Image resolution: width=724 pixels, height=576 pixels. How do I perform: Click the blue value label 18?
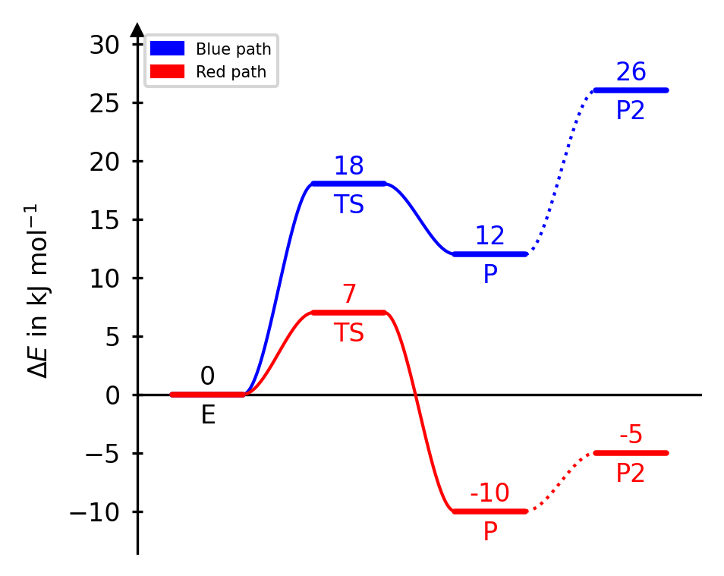tap(349, 166)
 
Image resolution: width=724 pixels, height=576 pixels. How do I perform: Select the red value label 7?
tap(349, 294)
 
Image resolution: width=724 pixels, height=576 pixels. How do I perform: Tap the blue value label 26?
tap(631, 73)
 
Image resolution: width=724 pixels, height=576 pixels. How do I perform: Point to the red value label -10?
tap(489, 493)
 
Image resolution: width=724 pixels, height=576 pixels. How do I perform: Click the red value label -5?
tap(631, 436)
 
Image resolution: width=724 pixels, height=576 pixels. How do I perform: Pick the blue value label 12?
tap(489, 236)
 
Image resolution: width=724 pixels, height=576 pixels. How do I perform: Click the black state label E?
tap(208, 415)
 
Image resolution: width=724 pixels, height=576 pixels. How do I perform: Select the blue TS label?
tap(349, 205)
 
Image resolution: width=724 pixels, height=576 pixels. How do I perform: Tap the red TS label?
tap(349, 333)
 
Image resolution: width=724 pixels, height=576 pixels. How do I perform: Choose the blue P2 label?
tap(631, 112)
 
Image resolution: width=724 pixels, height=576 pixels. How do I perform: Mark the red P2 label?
tap(631, 474)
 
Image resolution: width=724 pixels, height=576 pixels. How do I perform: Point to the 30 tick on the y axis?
tap(105, 46)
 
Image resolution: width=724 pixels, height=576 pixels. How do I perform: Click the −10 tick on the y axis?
tap(96, 512)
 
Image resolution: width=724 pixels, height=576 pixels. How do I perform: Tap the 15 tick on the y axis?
tap(105, 220)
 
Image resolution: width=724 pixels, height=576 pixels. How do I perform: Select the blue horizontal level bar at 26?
tap(631, 90)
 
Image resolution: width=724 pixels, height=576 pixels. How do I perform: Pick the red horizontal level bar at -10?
tap(489, 511)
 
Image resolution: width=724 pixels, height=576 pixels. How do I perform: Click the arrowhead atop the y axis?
tap(137, 30)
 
